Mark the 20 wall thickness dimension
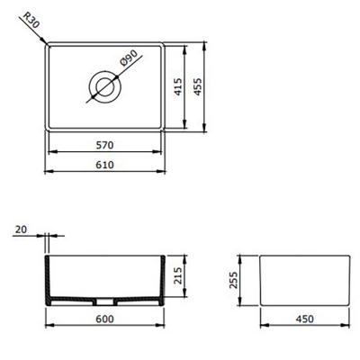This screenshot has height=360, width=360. pos(21,230)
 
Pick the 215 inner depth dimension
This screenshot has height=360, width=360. pos(178,274)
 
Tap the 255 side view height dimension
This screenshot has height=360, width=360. pos(235,282)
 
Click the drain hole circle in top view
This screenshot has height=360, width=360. pos(103,87)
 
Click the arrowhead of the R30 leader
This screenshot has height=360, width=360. pos(46,43)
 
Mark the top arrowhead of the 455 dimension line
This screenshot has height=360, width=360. pos(208,43)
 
